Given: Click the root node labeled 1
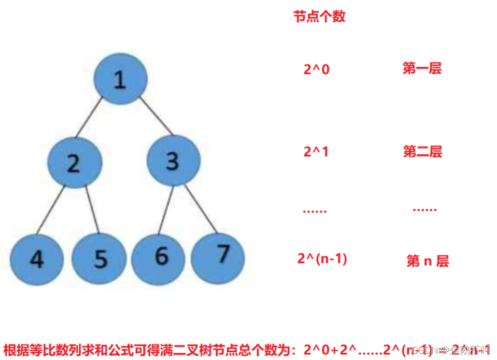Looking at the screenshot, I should [x=121, y=80].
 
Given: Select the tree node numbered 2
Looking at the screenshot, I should [x=75, y=163].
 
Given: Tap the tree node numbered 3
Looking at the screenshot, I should [x=173, y=161].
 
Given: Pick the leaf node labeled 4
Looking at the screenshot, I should [x=36, y=258].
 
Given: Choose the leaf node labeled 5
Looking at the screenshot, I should [x=99, y=258].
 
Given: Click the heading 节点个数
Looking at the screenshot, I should [x=319, y=17].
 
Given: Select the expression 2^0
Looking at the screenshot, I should [x=316, y=69].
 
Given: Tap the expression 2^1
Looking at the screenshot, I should [x=316, y=152].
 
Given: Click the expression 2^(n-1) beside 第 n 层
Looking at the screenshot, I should [x=322, y=258].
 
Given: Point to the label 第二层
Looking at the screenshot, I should [x=422, y=152].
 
